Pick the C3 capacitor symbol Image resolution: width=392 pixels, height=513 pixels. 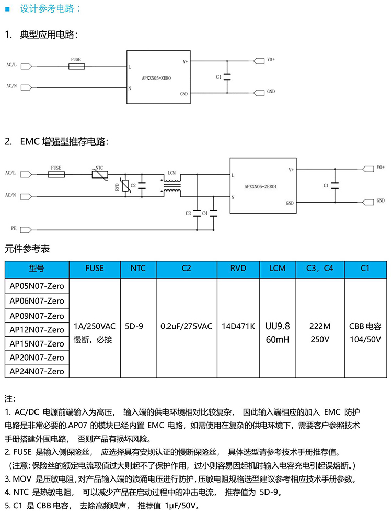(x=197, y=213)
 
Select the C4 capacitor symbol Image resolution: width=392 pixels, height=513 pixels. (x=213, y=213)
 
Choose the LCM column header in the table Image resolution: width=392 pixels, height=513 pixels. (x=278, y=268)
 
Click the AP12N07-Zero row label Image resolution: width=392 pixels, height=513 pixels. (x=37, y=330)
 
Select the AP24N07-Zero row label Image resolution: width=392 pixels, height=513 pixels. (x=37, y=371)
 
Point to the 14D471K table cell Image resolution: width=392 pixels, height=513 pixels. (x=238, y=326)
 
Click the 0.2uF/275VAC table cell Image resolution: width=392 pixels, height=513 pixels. (x=187, y=326)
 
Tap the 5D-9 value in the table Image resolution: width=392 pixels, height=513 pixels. (x=134, y=326)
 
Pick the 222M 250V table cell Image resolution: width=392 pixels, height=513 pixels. (x=320, y=332)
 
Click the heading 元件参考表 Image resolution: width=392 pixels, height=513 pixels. (x=27, y=248)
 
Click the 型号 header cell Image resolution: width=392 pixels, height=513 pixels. (x=37, y=268)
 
